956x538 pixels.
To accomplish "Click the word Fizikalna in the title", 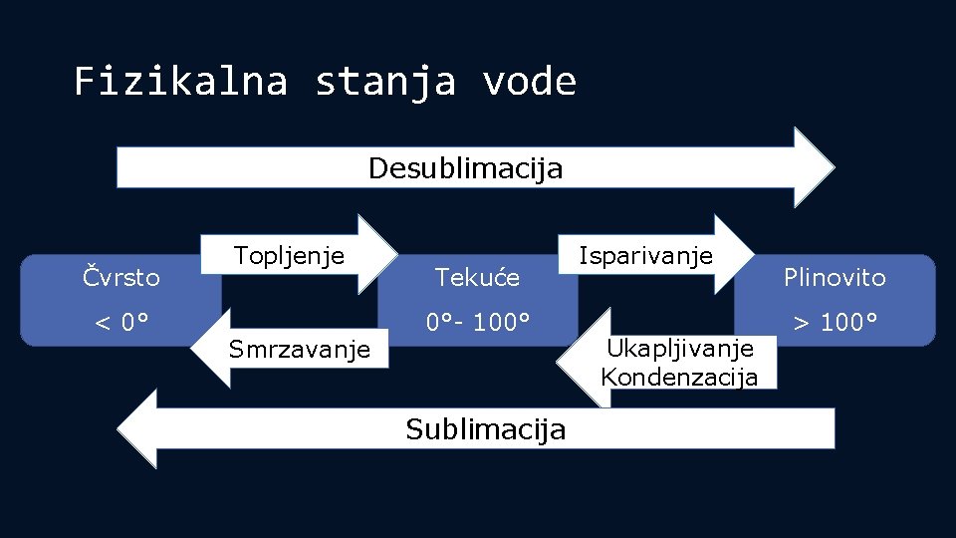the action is [180, 81].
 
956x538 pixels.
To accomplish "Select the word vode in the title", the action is [529, 81].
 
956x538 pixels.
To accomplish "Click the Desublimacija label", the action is [465, 168].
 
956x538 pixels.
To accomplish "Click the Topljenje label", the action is [289, 255].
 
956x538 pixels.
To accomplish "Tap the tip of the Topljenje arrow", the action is [395, 255].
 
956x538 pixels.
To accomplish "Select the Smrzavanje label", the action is [300, 349].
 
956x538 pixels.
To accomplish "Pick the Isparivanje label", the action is [646, 255].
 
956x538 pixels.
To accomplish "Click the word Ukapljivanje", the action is [679, 349].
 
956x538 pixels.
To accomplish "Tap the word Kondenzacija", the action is [679, 377].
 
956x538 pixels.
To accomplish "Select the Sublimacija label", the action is [486, 429].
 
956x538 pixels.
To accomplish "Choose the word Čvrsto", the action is [120, 276].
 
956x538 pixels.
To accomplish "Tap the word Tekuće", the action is [478, 278].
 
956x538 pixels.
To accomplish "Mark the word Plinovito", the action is [835, 277].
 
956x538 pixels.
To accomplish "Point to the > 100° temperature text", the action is [835, 323].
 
